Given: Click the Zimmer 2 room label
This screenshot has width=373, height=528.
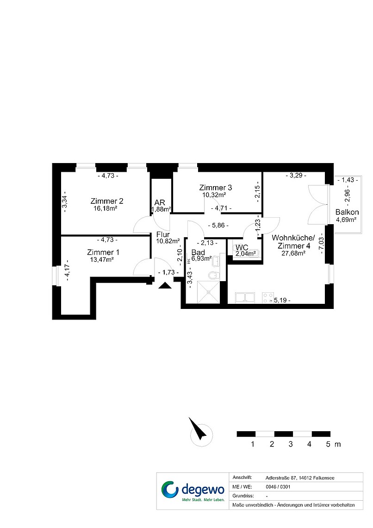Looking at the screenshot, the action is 106,201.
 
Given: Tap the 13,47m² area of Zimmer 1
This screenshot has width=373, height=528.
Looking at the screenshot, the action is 101,260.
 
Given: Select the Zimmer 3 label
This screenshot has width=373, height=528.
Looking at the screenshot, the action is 215,188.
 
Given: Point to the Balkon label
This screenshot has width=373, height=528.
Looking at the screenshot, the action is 347,212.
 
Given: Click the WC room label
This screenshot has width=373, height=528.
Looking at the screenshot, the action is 242,248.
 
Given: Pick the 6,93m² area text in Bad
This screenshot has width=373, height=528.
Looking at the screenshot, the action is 201,258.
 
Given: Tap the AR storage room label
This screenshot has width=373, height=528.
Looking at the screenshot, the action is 160,203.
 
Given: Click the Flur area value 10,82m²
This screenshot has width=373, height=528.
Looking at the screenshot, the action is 168,241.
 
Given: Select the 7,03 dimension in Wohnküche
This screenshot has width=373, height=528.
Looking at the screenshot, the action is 321,243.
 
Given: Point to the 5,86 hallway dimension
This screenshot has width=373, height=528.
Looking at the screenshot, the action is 218,225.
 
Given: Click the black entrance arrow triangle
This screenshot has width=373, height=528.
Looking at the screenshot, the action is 165,286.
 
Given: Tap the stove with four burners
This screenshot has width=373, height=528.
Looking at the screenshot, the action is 268,298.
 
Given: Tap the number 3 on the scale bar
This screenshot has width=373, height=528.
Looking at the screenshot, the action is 291,444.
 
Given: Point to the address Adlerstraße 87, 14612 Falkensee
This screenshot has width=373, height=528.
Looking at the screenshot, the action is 300,478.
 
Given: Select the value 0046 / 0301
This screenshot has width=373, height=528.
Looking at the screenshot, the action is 278,487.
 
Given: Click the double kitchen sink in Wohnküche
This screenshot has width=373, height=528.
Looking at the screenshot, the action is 245,298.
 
